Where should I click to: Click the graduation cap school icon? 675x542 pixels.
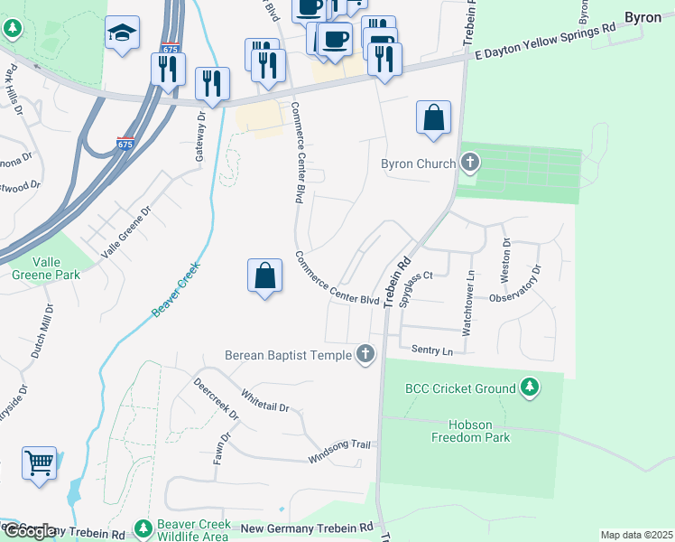(122, 33)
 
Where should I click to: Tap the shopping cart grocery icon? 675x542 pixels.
(40, 463)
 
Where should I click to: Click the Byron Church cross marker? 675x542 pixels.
(469, 164)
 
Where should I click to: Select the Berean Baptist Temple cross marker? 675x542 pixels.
(365, 354)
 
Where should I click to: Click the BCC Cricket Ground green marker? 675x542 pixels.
(530, 388)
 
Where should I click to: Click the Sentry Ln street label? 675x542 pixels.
(430, 350)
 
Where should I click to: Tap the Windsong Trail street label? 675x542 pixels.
(339, 444)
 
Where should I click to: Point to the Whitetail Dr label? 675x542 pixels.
(265, 401)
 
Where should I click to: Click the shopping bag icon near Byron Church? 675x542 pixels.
(433, 117)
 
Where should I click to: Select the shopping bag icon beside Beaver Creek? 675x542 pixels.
(264, 276)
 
